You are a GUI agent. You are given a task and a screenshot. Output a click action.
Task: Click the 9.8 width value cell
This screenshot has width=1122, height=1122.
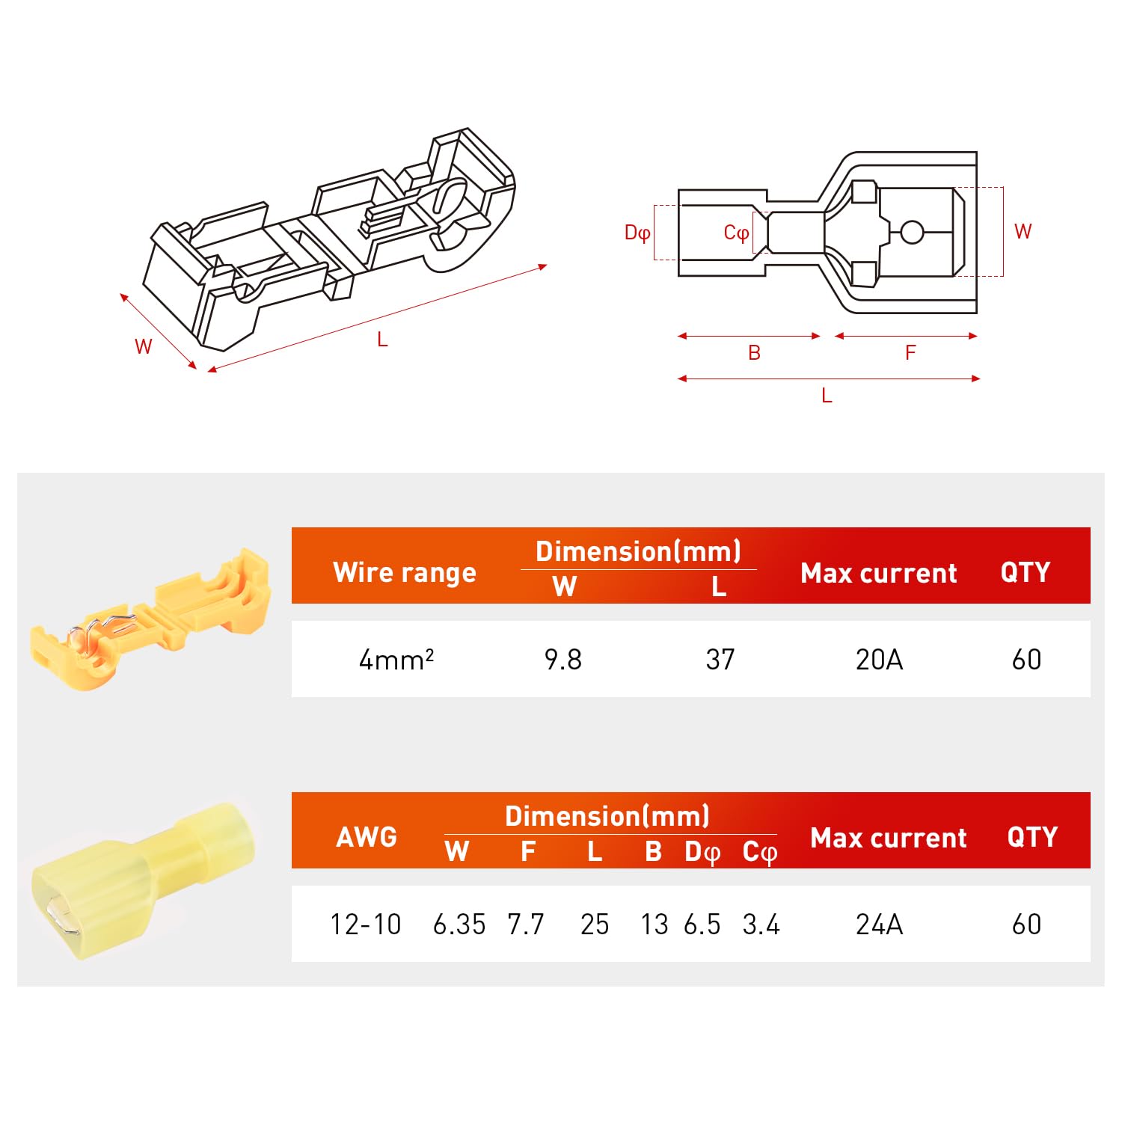click(562, 660)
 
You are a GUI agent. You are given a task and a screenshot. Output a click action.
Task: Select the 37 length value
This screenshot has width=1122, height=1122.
click(720, 660)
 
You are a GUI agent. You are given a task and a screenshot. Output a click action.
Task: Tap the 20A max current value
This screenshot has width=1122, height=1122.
click(879, 660)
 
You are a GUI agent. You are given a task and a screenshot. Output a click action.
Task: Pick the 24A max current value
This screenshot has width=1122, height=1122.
click(879, 925)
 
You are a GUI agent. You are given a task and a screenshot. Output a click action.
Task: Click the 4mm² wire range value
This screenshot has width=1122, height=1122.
click(396, 660)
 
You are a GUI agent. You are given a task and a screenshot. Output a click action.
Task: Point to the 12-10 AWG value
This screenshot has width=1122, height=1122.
click(366, 925)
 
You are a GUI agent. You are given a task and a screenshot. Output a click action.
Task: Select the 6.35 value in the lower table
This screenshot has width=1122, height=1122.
click(459, 925)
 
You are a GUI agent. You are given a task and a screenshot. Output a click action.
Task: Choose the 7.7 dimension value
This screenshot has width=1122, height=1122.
click(525, 925)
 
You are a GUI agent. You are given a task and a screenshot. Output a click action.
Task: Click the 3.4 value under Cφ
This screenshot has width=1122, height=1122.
click(761, 925)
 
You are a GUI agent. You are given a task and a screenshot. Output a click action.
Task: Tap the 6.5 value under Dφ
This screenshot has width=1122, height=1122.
click(702, 925)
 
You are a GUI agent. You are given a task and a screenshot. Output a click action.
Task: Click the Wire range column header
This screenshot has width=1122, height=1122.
click(405, 572)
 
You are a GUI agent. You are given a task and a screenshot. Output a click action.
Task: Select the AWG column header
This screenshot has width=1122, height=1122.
click(367, 836)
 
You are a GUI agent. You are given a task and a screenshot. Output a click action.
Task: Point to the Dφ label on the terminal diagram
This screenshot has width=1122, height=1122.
click(637, 233)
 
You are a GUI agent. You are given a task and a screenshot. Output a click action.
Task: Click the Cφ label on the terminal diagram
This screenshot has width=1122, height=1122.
click(736, 233)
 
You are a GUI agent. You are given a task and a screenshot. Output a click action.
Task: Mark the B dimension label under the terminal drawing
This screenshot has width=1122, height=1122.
click(754, 353)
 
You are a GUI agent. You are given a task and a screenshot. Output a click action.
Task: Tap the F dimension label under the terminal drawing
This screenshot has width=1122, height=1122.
click(910, 353)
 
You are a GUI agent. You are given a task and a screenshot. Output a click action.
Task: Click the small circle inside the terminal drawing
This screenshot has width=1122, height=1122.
click(912, 232)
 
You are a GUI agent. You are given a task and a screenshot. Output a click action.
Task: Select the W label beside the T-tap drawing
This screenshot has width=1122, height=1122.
click(143, 346)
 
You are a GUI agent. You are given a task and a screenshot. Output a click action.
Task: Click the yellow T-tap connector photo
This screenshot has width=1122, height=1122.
click(150, 621)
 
